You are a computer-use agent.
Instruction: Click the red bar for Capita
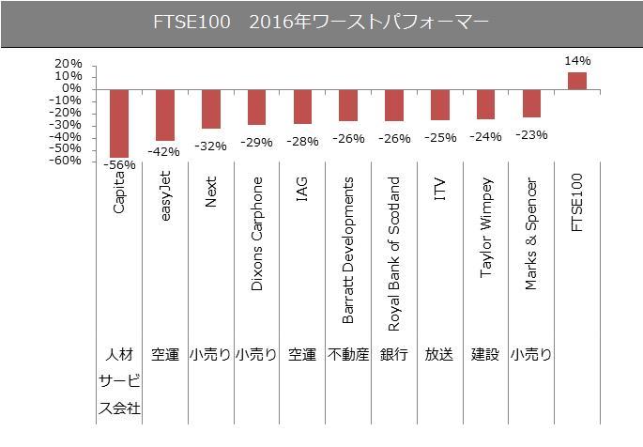[x=119, y=123]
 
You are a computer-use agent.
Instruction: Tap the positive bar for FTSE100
[x=577, y=81]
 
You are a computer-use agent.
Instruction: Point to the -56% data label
[x=119, y=164]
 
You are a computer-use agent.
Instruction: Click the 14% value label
[x=577, y=61]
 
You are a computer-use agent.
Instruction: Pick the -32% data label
[x=210, y=146]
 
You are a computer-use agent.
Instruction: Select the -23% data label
[x=531, y=134]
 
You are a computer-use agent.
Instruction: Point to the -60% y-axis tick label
[x=39, y=161]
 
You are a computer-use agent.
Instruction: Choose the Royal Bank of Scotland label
[x=393, y=254]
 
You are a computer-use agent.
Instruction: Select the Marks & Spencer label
[x=531, y=234]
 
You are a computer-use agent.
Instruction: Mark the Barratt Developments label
[x=347, y=250]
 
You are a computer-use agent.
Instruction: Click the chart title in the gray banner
[x=321, y=23]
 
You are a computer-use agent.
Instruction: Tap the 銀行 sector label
[x=393, y=355]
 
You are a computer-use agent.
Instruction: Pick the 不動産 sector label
[x=347, y=355]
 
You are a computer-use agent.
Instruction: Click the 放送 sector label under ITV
[x=439, y=355]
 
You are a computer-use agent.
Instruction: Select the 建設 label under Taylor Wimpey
[x=485, y=355]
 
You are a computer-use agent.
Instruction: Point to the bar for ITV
[x=439, y=104]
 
